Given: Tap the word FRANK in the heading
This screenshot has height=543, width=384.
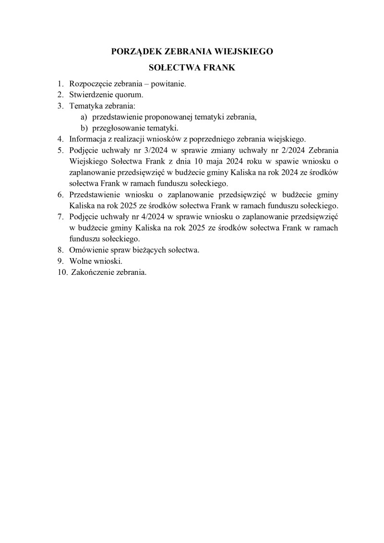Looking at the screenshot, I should [219, 68].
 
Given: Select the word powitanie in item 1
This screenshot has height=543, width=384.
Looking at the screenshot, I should [168, 84].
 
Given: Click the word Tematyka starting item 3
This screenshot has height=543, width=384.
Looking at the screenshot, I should [85, 106].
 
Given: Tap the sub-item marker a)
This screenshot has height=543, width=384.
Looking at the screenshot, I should [84, 117].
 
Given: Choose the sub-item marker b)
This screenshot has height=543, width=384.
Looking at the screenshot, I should [84, 128].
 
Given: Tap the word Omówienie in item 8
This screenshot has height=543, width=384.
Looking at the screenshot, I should [87, 250].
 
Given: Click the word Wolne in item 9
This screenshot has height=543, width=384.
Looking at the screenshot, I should [79, 261].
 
